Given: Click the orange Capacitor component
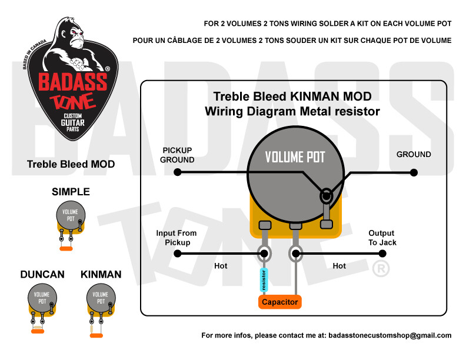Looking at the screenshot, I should click(279, 302).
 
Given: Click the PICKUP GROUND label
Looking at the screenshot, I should click(178, 155).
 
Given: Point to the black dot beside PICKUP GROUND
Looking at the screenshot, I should click(177, 172).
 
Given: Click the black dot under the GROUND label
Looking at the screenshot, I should click(414, 172).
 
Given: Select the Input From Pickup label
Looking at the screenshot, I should click(177, 238).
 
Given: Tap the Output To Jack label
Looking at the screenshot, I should click(382, 238).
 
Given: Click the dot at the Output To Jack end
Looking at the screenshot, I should click(382, 254).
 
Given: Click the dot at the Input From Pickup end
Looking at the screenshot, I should click(177, 254).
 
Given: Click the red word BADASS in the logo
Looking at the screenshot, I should click(73, 81).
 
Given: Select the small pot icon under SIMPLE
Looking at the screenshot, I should click(70, 218).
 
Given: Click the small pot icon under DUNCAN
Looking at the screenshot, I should click(41, 300).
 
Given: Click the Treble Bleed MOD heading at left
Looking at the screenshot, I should click(71, 164).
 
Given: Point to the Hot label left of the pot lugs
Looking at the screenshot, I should click(221, 266).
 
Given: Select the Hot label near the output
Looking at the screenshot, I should click(339, 266).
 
